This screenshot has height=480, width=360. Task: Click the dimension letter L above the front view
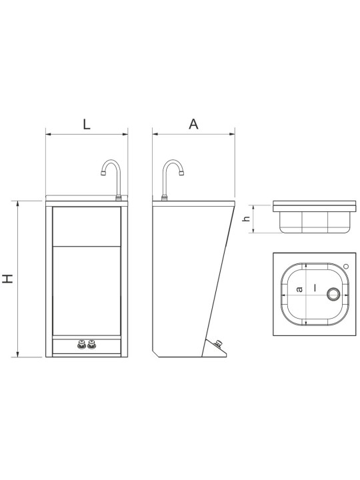coord(87,124)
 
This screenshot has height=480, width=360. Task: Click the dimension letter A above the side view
coord(193,124)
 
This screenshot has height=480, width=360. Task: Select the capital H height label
coord(8,279)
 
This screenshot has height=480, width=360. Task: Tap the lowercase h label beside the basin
coord(247,219)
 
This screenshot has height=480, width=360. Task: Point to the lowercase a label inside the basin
coord(300,289)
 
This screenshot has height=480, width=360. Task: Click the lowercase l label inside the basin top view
coord(315,287)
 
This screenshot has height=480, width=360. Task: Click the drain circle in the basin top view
coord(333,294)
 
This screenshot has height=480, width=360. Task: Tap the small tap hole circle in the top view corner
coord(346,266)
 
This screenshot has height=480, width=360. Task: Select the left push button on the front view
coord(82,345)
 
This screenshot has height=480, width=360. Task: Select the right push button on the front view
coord(91,345)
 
